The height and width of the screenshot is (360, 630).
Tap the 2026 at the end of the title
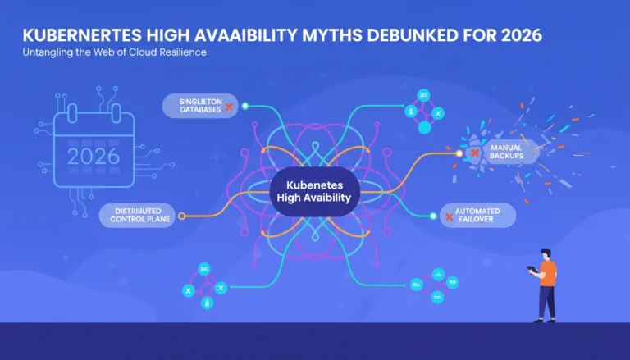[522, 35]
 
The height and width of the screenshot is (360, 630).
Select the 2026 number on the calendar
[94, 157]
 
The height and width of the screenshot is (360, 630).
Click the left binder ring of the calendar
[72, 113]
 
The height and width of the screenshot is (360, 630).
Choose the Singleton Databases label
[200, 106]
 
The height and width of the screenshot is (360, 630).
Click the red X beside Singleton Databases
[229, 107]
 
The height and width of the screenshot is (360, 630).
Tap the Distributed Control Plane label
[137, 216]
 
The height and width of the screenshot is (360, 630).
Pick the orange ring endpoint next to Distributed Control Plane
[181, 216]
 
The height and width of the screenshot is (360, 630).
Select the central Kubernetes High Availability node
[314, 192]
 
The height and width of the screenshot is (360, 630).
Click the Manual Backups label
[506, 152]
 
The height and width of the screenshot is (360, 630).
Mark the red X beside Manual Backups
[475, 153]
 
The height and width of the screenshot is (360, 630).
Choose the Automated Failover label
[477, 216]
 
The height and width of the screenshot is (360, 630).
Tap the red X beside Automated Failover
[450, 217]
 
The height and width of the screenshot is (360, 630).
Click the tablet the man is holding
[532, 269]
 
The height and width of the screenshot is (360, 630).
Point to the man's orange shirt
[549, 273]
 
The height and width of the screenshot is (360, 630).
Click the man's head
[546, 255]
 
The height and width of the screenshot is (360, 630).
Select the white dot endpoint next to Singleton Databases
[245, 106]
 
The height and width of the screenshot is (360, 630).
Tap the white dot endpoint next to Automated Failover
[433, 216]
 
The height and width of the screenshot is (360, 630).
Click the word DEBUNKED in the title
[413, 35]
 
